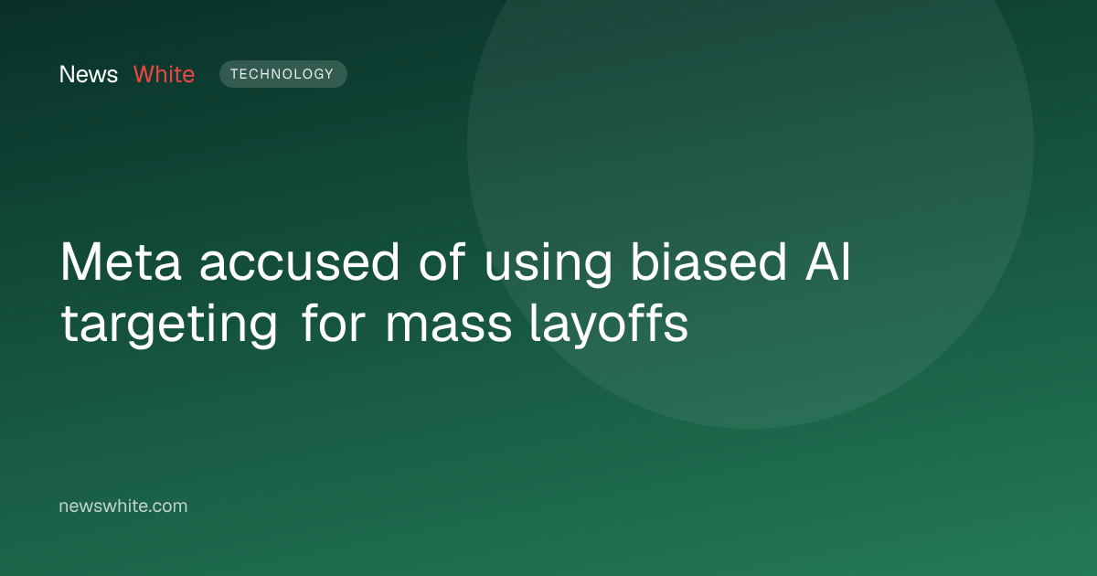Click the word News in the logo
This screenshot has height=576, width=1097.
[x=89, y=74]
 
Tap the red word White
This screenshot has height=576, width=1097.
[x=164, y=74]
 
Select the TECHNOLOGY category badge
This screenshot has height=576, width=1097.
[x=283, y=74]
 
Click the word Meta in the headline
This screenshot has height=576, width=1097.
[x=121, y=262]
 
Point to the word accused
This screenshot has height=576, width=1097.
[x=299, y=263]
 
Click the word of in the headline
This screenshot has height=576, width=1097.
[x=442, y=262]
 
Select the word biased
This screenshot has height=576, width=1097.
[x=708, y=262]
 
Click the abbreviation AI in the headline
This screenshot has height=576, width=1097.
[x=827, y=262]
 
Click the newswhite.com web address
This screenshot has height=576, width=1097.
[x=122, y=506]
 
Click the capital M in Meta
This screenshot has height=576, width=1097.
[x=80, y=262]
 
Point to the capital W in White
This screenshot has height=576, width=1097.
[x=145, y=74]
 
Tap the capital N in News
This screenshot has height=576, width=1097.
[x=67, y=74]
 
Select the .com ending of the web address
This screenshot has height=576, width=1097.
[x=166, y=507]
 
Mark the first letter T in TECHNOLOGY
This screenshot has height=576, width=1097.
[x=234, y=74]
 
